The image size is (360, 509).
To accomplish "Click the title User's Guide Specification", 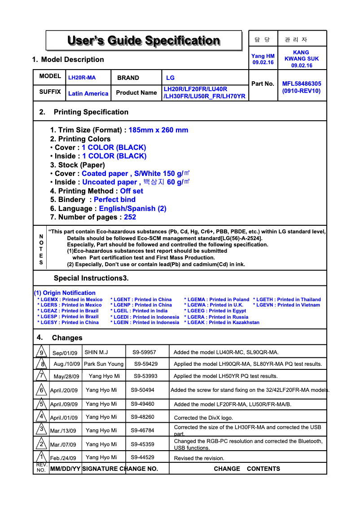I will [x=144, y=41].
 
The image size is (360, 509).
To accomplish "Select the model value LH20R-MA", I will [x=82, y=78].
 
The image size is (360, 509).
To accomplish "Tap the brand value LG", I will [x=170, y=78].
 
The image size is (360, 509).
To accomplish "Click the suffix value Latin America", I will [x=88, y=93].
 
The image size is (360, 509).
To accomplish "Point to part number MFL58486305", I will [x=302, y=83].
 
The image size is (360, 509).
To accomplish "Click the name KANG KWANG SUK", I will [x=302, y=59].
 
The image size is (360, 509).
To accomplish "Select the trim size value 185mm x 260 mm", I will [x=158, y=130].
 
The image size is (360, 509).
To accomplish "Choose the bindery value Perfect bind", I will [x=114, y=200].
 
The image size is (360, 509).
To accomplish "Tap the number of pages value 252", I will [x=130, y=217].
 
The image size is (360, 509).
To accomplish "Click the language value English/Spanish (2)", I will [x=133, y=209].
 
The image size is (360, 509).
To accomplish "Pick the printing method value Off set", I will [x=132, y=191].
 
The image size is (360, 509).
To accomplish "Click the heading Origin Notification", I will [x=65, y=293].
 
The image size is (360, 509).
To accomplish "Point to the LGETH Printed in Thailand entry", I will [x=287, y=299].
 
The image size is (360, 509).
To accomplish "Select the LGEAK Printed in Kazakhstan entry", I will [x=222, y=322].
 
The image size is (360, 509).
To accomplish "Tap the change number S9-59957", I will [x=144, y=352].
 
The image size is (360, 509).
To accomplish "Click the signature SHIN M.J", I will [x=96, y=352].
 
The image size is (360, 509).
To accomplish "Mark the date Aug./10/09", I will [x=67, y=364].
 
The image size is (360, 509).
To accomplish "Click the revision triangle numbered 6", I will [x=41, y=390].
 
